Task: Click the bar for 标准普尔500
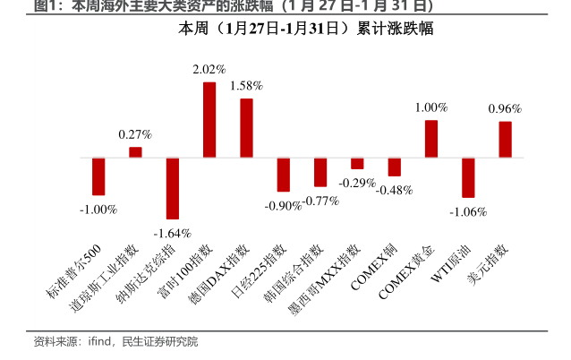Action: (98, 176)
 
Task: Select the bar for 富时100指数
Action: (209, 120)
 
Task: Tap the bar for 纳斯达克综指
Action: (173, 188)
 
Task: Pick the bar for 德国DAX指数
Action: (246, 128)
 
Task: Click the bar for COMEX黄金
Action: (430, 139)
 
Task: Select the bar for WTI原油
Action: (467, 177)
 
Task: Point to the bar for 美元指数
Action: (505, 140)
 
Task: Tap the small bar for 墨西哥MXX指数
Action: (357, 163)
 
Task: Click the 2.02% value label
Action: (209, 69)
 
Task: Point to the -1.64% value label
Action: (173, 233)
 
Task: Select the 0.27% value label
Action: (135, 134)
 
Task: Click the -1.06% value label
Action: (467, 212)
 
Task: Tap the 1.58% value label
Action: (246, 85)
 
